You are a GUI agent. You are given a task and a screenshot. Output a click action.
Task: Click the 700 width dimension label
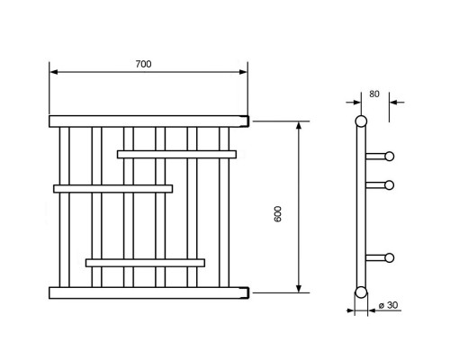(143, 64)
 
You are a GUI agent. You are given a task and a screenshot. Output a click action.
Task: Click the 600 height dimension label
(278, 214)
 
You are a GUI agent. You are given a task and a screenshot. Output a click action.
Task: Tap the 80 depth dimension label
(374, 94)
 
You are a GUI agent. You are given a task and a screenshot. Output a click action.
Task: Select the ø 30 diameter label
(388, 305)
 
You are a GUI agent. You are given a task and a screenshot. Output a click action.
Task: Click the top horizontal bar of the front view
(148, 121)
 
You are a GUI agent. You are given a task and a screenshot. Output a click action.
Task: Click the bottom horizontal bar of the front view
(148, 292)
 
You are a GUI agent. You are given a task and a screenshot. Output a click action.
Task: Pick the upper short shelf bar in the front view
(176, 155)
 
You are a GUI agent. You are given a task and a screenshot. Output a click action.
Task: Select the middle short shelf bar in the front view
(113, 189)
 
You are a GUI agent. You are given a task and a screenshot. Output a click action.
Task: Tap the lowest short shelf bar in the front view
(145, 263)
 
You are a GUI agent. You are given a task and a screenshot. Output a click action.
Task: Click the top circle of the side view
(361, 121)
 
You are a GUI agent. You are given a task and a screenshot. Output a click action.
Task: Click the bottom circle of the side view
(361, 292)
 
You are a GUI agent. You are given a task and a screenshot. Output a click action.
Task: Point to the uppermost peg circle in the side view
(390, 157)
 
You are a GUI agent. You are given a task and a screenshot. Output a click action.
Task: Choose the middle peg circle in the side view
(390, 185)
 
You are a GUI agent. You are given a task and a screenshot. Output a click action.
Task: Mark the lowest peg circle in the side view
(390, 257)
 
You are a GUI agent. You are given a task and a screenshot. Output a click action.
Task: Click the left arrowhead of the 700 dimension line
(53, 72)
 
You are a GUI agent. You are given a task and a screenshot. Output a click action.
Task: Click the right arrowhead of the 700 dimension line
(243, 72)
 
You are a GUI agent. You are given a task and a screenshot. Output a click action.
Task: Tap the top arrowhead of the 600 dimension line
(299, 126)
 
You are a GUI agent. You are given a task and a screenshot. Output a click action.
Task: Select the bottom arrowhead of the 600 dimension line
(299, 288)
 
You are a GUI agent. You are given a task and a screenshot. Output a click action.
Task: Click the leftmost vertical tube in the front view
(64, 207)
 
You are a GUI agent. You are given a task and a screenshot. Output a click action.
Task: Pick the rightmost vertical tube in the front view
(224, 207)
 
